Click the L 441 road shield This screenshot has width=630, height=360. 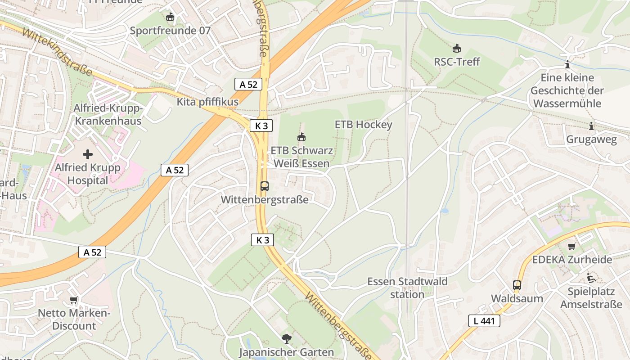[x=484, y=321]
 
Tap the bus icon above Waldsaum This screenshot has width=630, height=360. [x=517, y=285]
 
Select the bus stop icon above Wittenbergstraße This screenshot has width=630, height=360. [x=265, y=186]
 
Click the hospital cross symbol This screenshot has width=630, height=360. [x=88, y=155]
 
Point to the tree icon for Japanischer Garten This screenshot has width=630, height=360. [x=286, y=339]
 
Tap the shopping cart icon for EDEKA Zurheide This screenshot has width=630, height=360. [x=571, y=246]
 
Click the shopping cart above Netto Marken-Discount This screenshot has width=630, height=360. [x=73, y=300]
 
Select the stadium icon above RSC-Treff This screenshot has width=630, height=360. [x=457, y=48]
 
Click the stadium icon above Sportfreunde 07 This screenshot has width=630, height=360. [x=170, y=18]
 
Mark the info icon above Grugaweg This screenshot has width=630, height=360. [x=591, y=126]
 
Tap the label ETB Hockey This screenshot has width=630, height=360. [x=364, y=125]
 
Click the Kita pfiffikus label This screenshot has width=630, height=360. [x=207, y=102]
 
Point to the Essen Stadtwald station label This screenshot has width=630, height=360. [x=407, y=288]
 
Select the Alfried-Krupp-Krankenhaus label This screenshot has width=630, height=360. [x=108, y=115]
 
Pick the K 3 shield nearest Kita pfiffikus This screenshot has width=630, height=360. [x=261, y=126]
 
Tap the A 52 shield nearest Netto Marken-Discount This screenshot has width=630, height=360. [x=92, y=252]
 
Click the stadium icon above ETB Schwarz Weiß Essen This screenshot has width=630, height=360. [x=301, y=137]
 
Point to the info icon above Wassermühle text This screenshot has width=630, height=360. [x=567, y=64]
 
